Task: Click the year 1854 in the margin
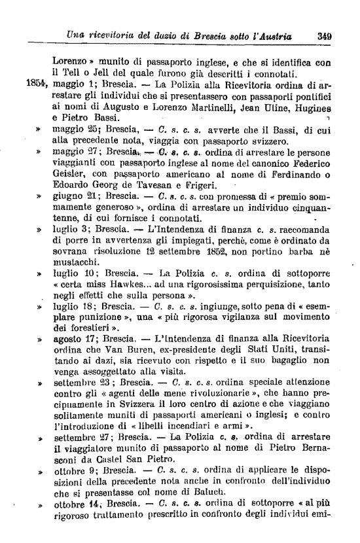(x=35, y=84)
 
